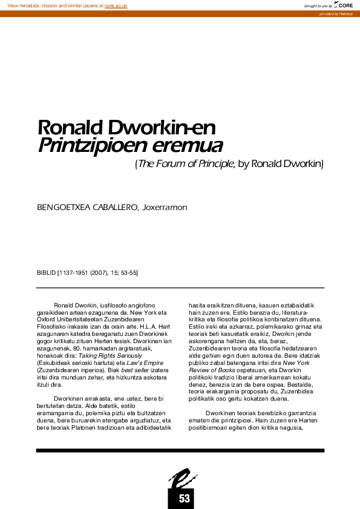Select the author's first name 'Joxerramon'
[x=165, y=208]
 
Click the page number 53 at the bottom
[x=185, y=498]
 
